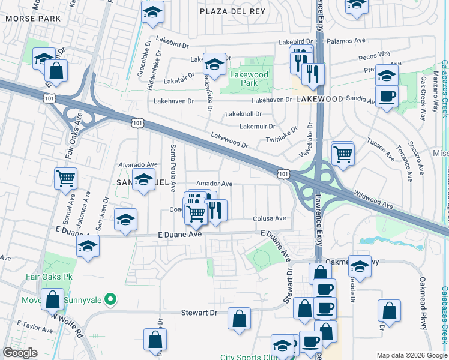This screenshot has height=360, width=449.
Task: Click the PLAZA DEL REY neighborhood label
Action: point(228,11)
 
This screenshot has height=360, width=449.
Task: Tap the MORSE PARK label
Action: point(33,19)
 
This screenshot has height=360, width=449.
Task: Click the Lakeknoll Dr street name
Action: point(243,113)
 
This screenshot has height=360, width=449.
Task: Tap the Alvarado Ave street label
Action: point(137,164)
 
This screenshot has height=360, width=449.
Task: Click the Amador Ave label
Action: point(214,184)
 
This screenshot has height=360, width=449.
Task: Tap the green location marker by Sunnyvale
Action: point(110,298)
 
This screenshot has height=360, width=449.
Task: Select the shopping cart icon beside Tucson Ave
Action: point(343,153)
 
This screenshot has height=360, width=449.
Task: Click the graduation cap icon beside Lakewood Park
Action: point(214,63)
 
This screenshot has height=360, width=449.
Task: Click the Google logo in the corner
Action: point(20,353)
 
